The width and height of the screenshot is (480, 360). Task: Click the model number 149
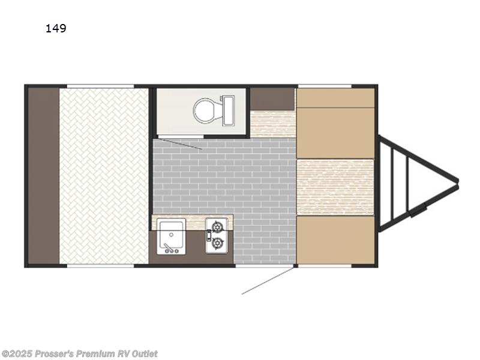pos(56,28)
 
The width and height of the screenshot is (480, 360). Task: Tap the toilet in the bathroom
pos(206,111)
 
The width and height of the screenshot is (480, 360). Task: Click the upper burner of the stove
pos(217,227)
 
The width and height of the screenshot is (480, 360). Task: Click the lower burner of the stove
pos(217,243)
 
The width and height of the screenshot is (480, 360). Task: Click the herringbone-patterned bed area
pos(104,176)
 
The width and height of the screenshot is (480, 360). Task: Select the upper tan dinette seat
pos(335,124)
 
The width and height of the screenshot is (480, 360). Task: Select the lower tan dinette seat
pos(335,240)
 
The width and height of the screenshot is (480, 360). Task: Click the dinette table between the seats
pos(335,187)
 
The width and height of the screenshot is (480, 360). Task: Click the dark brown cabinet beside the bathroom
pos(272,98)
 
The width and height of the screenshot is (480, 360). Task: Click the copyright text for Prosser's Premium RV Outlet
pos(80,353)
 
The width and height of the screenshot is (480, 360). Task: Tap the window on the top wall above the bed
pos(100,86)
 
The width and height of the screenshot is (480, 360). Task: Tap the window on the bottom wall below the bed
pos(100,265)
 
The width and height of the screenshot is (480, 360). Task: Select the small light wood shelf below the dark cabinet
pos(272,124)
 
